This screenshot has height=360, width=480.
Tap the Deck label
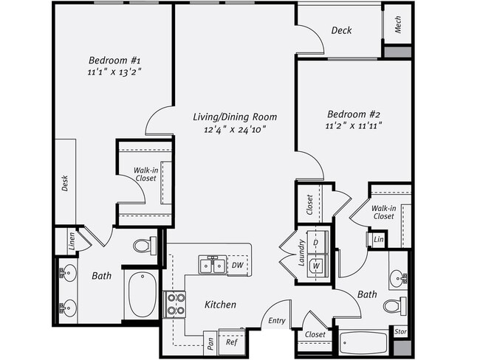(x=341, y=31)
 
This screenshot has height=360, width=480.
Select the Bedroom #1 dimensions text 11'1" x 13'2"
(x=110, y=72)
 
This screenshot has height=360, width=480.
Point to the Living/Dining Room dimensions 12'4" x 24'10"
(x=234, y=129)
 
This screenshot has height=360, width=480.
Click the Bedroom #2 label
(x=353, y=114)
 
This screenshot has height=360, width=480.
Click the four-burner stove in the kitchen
(x=174, y=304)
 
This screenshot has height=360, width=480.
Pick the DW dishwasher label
(x=236, y=265)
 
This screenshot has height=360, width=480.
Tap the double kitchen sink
(x=211, y=264)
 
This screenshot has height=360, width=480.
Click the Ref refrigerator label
(x=231, y=342)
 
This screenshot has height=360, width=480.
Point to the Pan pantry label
(x=210, y=342)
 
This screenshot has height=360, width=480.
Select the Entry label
(x=277, y=320)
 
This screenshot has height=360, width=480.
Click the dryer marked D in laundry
(x=316, y=243)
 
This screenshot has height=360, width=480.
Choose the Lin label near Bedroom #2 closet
(x=378, y=240)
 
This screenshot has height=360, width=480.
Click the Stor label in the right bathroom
(x=400, y=332)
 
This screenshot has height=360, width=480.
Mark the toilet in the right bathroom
(x=393, y=305)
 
